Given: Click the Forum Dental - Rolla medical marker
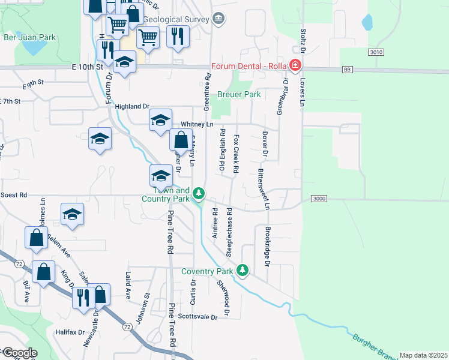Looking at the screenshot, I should coord(295,65).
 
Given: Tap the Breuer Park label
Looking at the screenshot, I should coord(238,94).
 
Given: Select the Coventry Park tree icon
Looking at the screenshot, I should coord(243,271).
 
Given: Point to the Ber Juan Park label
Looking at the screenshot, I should coord(29,37).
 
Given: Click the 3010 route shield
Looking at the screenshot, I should coord(376,53).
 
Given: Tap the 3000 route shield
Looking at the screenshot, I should coord(320,199).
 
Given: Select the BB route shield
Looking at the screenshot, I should coord(347,70).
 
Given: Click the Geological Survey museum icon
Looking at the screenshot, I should coord(218,19).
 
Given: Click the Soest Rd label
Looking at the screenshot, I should coord(14,195).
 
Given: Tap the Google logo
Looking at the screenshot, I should coord(20,353).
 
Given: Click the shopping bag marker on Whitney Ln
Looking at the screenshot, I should coord(181,141).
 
